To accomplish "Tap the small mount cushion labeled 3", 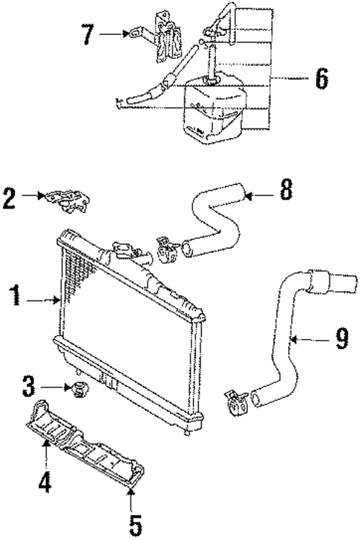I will [78, 387].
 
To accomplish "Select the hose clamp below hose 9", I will [233, 400].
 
